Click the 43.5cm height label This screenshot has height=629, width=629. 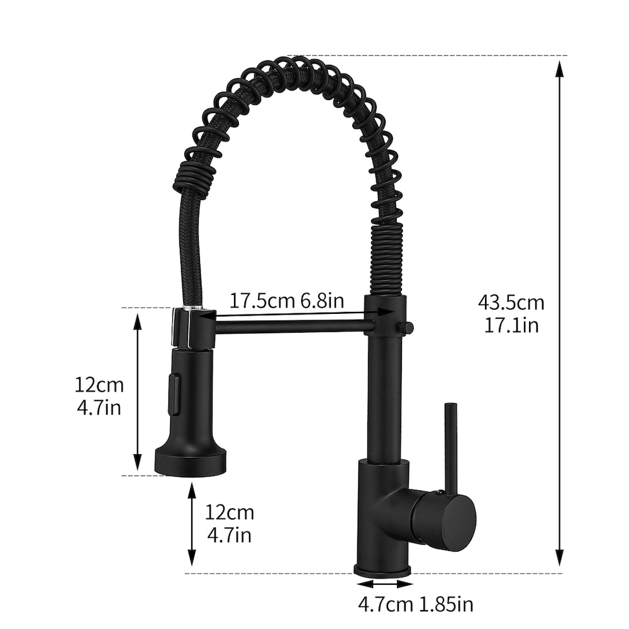coord(511,303)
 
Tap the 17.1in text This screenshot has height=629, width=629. coord(511,325)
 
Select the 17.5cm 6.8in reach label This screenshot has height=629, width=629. coord(286,300)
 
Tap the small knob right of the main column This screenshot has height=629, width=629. coord(407,328)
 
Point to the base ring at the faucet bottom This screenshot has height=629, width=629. coord(382,571)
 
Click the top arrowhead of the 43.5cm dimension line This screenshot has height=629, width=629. coord(559,67)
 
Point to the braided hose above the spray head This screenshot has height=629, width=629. coord(191,245)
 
